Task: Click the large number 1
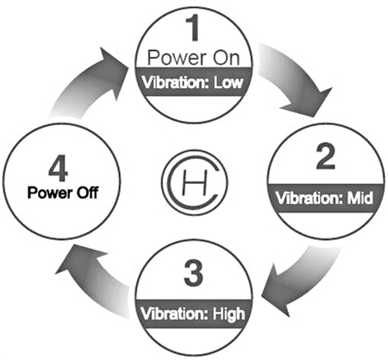point(193,28)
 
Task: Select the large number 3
point(193,273)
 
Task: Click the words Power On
point(193,58)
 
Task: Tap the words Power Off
point(63,193)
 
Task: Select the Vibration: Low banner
point(193,82)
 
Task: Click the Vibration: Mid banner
point(326,198)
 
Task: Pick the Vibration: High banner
point(193,313)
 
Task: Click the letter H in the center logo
point(195,183)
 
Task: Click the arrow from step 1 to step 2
point(296,79)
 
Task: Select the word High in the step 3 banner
point(228,314)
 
